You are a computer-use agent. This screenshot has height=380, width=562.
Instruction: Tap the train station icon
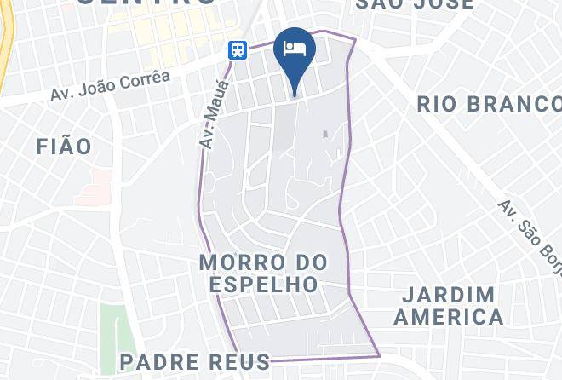click(x=238, y=50)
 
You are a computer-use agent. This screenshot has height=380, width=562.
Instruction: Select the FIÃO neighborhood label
click(x=64, y=147)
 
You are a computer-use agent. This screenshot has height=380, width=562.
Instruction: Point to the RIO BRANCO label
click(x=487, y=104)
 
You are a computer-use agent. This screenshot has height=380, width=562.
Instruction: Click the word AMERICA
click(x=449, y=318)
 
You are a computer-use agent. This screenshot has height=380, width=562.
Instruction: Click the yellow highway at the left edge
click(x=4, y=43)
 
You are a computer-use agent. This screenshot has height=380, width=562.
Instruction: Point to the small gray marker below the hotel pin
click(x=324, y=134)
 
